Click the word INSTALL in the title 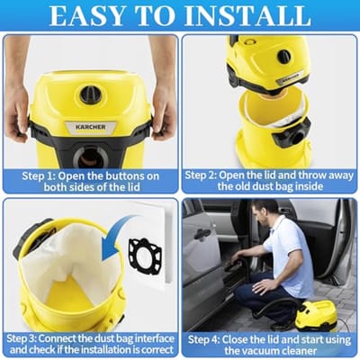point(247,15)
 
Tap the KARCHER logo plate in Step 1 point(91,127)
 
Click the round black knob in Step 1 point(91,94)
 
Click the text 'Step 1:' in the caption point(38,176)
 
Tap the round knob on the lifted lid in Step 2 point(283,57)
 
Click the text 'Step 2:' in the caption point(201,175)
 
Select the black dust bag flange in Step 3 point(145,256)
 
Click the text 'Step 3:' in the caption point(22,338)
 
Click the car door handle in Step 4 point(202,233)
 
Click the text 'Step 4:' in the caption point(203,340)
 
